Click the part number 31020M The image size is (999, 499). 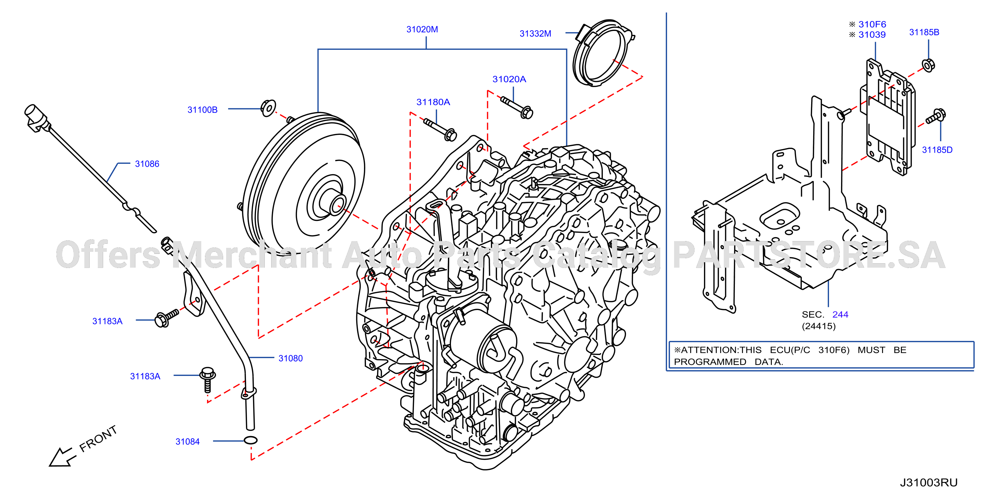[x=422, y=30]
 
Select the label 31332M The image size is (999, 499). [x=535, y=34]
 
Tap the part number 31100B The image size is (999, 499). [x=202, y=110]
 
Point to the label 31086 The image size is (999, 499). [x=147, y=164]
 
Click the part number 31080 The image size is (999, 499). [x=290, y=358]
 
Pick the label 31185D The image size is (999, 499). [x=937, y=150]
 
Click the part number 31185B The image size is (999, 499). [x=924, y=32]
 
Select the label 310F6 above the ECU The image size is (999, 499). [x=872, y=25]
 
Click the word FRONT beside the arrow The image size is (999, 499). [x=98, y=438]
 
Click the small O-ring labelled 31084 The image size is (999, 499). [x=251, y=440]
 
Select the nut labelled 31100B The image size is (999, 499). [x=268, y=108]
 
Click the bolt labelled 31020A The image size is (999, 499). [x=517, y=107]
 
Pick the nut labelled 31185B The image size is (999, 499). [x=928, y=65]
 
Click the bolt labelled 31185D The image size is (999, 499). [x=936, y=116]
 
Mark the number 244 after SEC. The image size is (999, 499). [x=840, y=314]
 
